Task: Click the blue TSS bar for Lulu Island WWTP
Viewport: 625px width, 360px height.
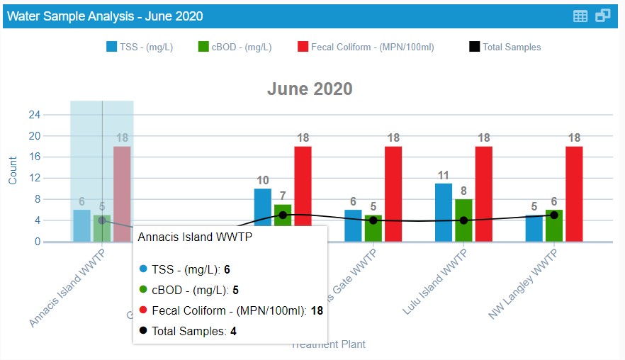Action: (x=444, y=213)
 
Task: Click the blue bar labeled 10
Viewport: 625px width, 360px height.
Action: (x=263, y=215)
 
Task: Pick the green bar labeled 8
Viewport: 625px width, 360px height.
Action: (x=463, y=220)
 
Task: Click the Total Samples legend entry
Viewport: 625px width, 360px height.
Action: (x=505, y=47)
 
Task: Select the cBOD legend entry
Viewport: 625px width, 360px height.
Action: (x=235, y=47)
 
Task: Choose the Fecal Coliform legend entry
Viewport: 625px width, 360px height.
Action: (x=365, y=47)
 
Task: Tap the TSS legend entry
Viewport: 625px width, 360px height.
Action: (x=140, y=47)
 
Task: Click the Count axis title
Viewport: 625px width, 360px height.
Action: (x=13, y=171)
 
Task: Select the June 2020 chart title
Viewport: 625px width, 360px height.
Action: (x=310, y=89)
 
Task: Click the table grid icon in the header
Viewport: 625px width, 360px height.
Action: (x=580, y=16)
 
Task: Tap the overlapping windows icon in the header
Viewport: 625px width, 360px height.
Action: (x=603, y=16)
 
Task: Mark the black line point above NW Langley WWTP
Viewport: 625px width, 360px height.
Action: (x=554, y=215)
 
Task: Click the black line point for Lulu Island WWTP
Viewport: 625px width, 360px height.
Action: (x=463, y=220)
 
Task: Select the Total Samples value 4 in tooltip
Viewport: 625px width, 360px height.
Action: (x=233, y=330)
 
